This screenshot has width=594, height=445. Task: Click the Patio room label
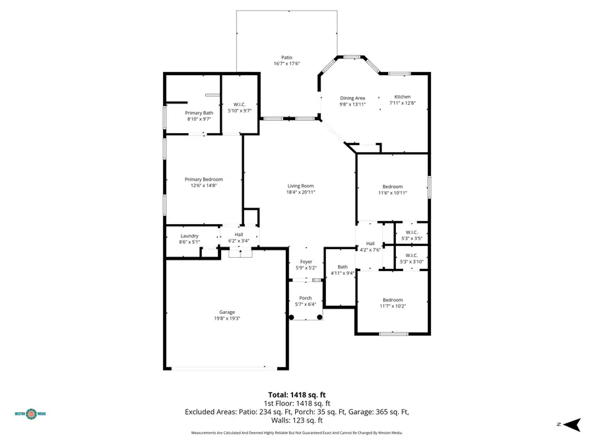(x=286, y=57)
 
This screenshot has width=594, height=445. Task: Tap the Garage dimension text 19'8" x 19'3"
(x=227, y=319)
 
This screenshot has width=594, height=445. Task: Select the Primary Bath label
(x=199, y=113)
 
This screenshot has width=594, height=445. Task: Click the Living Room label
(x=300, y=186)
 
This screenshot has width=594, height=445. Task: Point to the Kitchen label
(x=402, y=97)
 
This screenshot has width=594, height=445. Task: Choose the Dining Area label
(x=352, y=98)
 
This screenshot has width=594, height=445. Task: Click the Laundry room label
(x=189, y=236)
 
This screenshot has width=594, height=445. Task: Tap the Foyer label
(x=306, y=262)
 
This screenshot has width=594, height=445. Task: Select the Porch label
(x=306, y=298)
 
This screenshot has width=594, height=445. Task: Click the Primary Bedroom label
(x=203, y=179)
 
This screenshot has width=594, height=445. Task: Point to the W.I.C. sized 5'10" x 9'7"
(x=240, y=104)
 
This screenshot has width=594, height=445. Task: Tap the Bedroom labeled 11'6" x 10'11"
(x=392, y=187)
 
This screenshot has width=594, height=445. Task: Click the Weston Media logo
(x=30, y=414)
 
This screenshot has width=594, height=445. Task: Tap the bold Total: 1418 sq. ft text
(x=296, y=395)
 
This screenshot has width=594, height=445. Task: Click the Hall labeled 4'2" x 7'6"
(x=370, y=243)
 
